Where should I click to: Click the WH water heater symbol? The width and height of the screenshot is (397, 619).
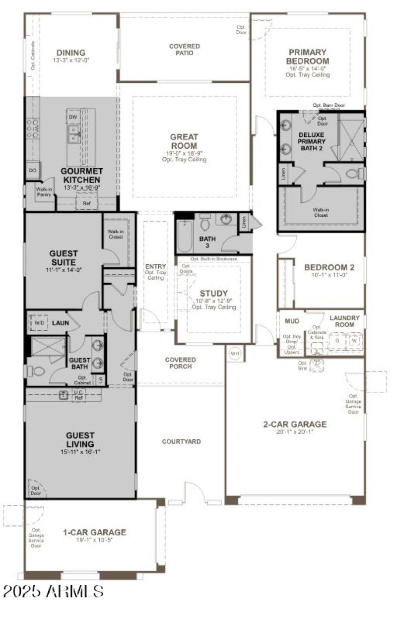[234, 354]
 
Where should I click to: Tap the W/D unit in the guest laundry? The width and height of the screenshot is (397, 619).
[39, 323]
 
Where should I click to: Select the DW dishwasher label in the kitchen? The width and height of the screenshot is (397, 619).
[73, 117]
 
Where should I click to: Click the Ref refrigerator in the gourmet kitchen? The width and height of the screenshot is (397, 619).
[86, 203]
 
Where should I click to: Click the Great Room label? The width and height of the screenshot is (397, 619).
[184, 141]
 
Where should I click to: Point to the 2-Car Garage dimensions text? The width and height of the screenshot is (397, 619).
[295, 432]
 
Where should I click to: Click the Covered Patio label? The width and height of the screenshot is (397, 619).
[184, 50]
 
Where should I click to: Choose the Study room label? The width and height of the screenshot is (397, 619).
[213, 294]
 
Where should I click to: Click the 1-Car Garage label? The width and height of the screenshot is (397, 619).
[94, 532]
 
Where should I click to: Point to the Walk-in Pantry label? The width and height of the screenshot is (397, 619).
[44, 191]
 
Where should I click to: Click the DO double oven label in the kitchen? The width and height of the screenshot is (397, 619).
[33, 170]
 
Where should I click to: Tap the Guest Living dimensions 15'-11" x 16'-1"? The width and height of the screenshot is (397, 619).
[80, 452]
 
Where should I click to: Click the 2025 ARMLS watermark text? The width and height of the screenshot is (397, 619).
[53, 591]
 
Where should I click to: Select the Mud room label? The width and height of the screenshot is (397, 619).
[292, 321]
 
